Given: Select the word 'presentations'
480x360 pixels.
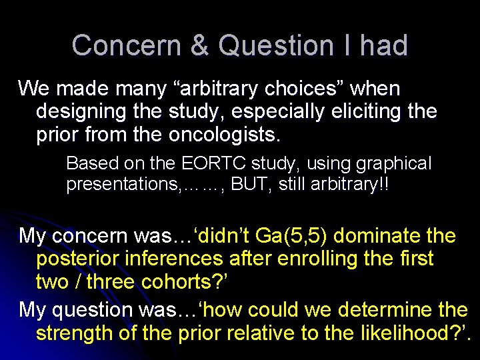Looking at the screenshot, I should pyautogui.click(x=121, y=184).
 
